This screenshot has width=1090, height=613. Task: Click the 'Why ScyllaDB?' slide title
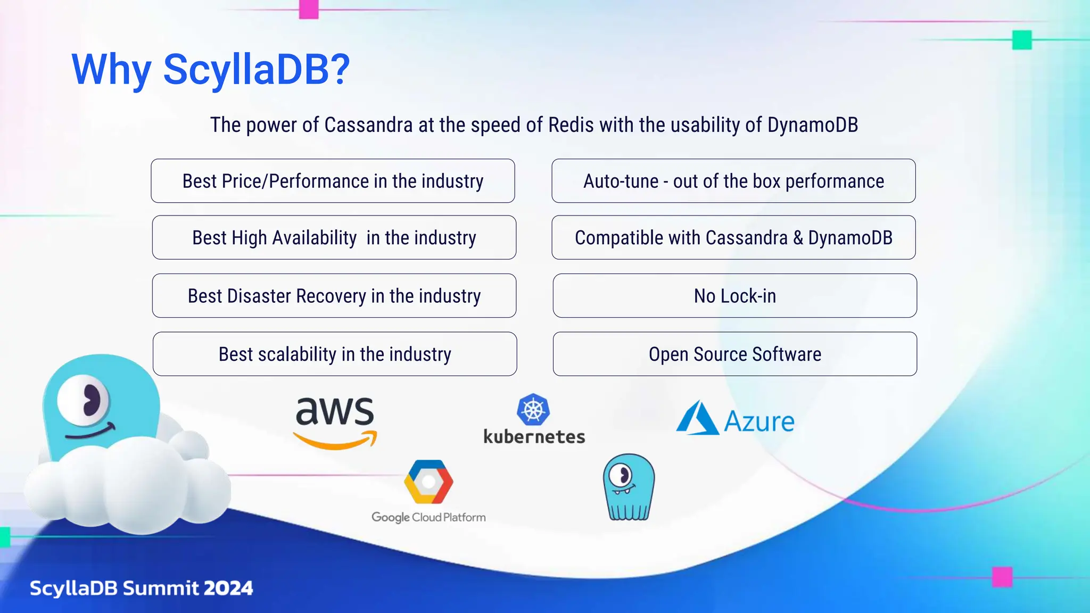click(x=211, y=69)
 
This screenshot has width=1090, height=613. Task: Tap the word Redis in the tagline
click(x=571, y=125)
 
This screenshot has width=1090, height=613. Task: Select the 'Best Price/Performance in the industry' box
click(x=333, y=181)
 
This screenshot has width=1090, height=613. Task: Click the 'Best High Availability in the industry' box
click(x=334, y=237)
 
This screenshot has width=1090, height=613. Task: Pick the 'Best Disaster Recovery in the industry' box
click(x=334, y=296)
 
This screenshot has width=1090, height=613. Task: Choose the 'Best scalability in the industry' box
click(x=334, y=354)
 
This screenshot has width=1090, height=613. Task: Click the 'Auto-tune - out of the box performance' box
click(x=733, y=181)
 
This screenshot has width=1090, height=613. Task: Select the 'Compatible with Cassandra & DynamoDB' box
click(x=733, y=237)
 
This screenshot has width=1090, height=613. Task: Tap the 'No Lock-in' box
click(x=734, y=296)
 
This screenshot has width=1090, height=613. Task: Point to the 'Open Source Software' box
click(x=734, y=354)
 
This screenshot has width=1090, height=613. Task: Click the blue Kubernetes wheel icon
click(x=533, y=409)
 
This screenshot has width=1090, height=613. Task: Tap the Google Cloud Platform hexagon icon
click(x=428, y=482)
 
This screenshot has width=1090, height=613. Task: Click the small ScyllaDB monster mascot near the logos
click(x=629, y=487)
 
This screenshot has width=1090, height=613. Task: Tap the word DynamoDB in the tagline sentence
click(x=812, y=125)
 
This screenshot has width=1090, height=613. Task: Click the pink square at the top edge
click(x=309, y=9)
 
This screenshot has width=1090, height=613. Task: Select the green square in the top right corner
click(x=1021, y=40)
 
